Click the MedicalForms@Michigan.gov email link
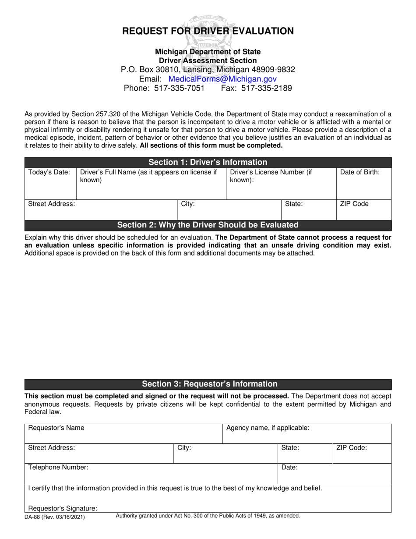pos(222,79)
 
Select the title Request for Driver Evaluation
pos(208,31)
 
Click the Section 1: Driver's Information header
pos(208,162)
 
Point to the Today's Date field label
pos(49,173)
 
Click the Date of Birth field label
pos(360,173)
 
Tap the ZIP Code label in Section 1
pos(354,204)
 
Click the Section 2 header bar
pos(208,225)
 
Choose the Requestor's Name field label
pos(56,428)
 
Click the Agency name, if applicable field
pos(307,433)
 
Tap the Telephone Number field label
pos(58,467)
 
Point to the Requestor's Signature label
pos(63,508)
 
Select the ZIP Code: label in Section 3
pos(351,448)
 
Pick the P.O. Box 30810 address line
pos(208,70)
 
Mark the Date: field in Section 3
pos(334,473)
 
